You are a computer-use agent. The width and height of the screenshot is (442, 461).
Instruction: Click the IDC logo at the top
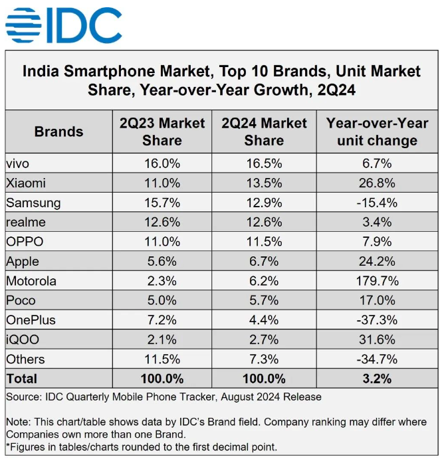coord(63,25)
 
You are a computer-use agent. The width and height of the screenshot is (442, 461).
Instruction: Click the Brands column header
coord(58,131)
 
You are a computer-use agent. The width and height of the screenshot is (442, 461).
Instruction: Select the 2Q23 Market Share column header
coord(162,131)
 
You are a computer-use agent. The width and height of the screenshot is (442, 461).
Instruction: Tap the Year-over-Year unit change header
coord(377,131)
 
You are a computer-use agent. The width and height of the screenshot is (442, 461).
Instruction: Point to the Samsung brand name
coord(33,202)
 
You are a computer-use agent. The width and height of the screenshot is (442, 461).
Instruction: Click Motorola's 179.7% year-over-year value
coord(377,280)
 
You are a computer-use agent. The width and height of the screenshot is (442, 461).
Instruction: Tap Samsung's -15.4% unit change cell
coord(377,202)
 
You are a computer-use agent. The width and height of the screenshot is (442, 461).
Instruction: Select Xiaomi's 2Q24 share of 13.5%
coord(264,183)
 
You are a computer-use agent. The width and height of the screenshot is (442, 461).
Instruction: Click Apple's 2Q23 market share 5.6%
coord(162,261)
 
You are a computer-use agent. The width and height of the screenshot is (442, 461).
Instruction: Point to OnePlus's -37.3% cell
coord(377,320)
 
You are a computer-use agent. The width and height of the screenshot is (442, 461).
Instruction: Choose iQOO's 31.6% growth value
coord(377,339)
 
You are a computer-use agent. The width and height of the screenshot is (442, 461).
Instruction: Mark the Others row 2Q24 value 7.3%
coord(264,359)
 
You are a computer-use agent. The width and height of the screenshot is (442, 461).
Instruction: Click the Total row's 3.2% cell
coord(377,379)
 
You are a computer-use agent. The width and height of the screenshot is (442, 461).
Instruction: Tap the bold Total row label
coord(22,379)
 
